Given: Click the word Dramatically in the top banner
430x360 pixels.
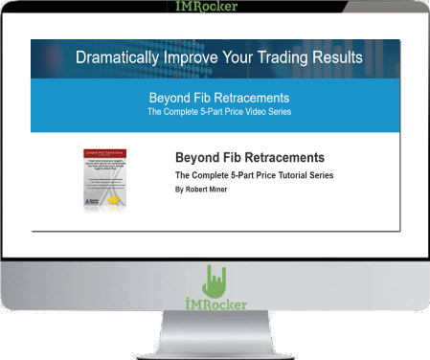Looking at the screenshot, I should (116, 57).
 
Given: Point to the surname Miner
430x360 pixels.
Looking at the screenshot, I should (230, 190).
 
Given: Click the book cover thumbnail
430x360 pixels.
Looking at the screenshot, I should (104, 178).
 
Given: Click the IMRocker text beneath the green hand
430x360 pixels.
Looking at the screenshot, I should (215, 305).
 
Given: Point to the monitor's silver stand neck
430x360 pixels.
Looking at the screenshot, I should (215, 330).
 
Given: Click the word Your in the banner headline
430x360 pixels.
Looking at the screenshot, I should (238, 57).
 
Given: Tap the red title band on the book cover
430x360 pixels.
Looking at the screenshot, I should (104, 152).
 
